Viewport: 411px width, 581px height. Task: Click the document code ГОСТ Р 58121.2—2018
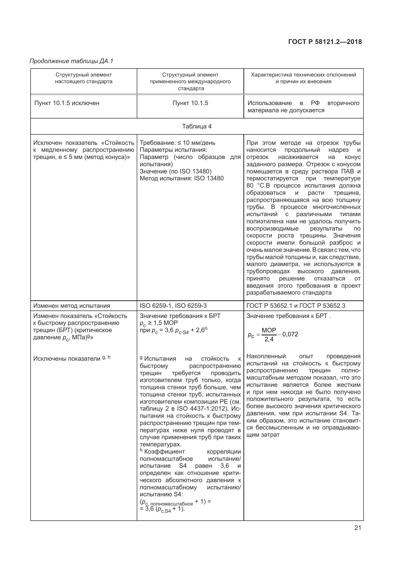click(325, 42)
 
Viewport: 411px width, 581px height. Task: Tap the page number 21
click(358, 528)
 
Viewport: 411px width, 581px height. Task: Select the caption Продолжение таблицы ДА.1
click(71, 61)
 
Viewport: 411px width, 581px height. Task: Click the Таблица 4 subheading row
click(197, 126)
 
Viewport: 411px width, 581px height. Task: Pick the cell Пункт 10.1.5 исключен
click(67, 103)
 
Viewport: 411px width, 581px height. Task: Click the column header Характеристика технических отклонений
click(303, 75)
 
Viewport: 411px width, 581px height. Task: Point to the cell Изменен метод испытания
click(72, 306)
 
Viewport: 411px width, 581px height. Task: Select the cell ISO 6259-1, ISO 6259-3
click(173, 306)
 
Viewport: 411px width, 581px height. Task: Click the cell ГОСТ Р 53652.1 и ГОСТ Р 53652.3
click(296, 306)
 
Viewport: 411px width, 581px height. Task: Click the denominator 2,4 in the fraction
click(269, 339)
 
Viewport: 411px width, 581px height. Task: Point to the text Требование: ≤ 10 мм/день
click(178, 143)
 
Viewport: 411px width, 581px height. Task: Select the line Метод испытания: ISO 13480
click(182, 178)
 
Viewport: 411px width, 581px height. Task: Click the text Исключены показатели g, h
click(72, 358)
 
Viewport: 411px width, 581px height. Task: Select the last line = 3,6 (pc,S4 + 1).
click(162, 509)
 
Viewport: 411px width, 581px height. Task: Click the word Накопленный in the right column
click(266, 356)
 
